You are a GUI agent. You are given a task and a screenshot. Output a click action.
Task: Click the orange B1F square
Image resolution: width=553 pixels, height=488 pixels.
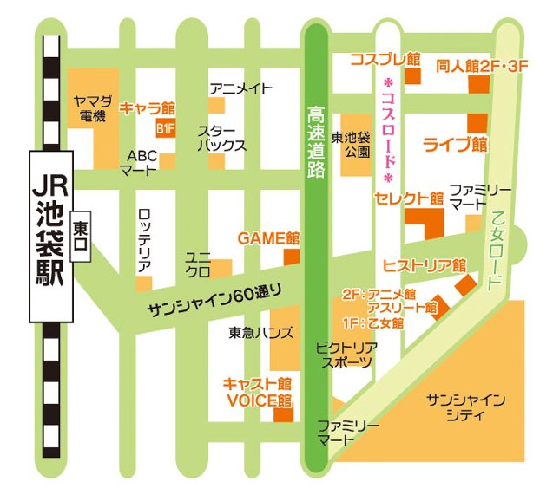tap(165, 129)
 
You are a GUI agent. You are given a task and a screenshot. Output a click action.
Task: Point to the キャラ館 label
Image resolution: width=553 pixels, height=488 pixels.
tap(148, 108)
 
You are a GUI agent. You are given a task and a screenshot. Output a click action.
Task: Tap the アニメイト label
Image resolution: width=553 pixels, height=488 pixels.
tap(241, 88)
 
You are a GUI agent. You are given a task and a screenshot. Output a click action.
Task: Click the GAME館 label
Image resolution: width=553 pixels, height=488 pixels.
tap(268, 237)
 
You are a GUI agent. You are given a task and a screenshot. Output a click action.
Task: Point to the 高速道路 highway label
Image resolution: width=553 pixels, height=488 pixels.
tap(316, 141)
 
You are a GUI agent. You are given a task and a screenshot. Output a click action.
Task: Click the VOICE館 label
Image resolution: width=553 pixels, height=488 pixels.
tap(259, 400)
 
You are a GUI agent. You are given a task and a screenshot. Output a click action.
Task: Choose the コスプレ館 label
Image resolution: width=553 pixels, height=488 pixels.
tap(385, 60)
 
